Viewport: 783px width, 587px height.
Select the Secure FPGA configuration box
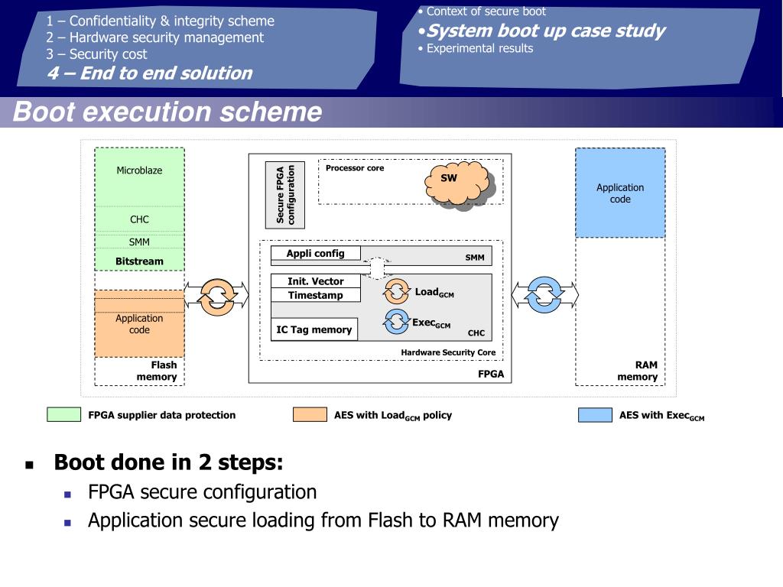285,195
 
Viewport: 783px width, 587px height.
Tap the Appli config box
315,254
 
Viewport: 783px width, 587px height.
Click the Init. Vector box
315,281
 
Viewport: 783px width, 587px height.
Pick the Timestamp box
315,296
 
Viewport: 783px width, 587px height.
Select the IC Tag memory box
314,329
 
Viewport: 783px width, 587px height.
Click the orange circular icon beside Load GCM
398,291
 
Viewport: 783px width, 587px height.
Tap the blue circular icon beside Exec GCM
397,321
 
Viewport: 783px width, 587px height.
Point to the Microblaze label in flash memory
139,170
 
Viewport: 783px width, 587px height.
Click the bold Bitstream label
139,261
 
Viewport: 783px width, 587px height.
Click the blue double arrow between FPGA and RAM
545,294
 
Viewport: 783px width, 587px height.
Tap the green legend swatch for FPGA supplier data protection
63,415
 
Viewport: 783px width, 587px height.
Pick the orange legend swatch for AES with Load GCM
310,415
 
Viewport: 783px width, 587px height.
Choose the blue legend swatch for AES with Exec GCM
595,415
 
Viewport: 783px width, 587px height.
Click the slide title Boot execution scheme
167,112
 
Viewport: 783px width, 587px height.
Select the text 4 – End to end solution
149,73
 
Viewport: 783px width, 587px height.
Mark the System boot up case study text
545,31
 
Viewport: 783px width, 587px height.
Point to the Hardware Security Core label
448,352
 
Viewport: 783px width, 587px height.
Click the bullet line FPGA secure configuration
202,492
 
